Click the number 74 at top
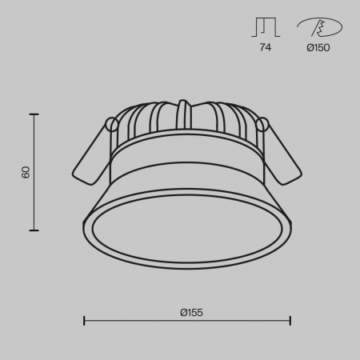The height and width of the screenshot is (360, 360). [x=266, y=48]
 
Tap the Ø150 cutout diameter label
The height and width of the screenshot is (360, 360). [x=318, y=48]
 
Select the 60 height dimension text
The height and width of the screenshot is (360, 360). [x=26, y=172]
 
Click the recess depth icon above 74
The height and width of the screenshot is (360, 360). [x=265, y=28]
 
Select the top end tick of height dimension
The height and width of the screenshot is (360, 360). [x=34, y=114]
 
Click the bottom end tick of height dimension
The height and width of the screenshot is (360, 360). [x=34, y=230]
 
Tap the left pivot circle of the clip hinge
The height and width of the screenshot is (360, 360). [x=113, y=125]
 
